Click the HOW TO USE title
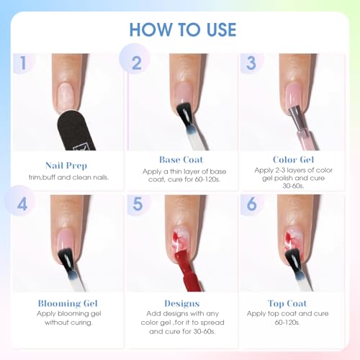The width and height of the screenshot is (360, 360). point(183,30)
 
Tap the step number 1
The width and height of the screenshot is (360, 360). point(23,63)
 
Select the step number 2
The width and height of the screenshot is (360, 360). point(137,63)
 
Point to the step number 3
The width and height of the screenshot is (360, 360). point(251,63)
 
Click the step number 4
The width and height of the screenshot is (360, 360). point(22,204)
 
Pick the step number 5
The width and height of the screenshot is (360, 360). point(138,204)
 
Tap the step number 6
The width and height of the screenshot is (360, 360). point(251,204)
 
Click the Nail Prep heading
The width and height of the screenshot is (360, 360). point(66,166)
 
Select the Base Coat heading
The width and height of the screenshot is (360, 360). point(181,160)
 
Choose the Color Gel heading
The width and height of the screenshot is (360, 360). point(293,160)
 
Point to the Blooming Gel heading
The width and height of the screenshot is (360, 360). point(68,303)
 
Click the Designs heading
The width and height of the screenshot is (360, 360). point(182,304)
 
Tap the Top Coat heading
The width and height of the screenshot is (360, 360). point(287,304)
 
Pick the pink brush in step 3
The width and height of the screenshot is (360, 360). point(302,127)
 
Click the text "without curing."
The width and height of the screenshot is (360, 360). point(68,323)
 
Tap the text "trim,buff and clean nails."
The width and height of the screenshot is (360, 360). point(68,177)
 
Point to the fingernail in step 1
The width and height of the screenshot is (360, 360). point(66,96)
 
